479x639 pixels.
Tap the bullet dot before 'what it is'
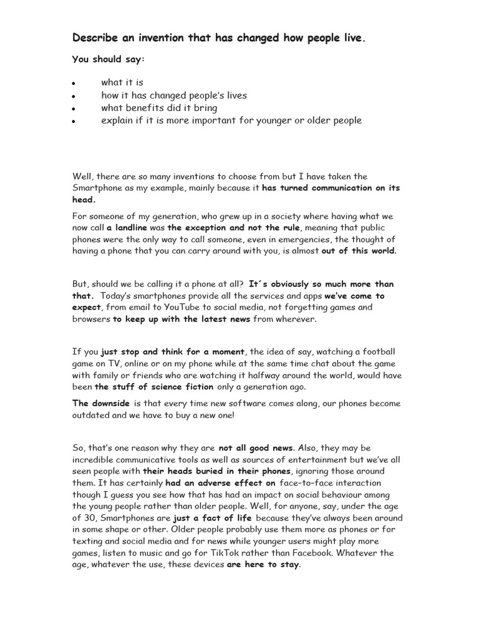[x=74, y=84]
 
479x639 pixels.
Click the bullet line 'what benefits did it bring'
[x=159, y=108]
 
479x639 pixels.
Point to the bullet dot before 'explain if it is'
[x=74, y=121]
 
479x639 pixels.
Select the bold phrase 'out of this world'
[x=358, y=251]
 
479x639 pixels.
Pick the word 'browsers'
[x=91, y=319]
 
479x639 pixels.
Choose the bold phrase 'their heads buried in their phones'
[x=216, y=471]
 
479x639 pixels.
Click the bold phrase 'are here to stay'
[x=263, y=565]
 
